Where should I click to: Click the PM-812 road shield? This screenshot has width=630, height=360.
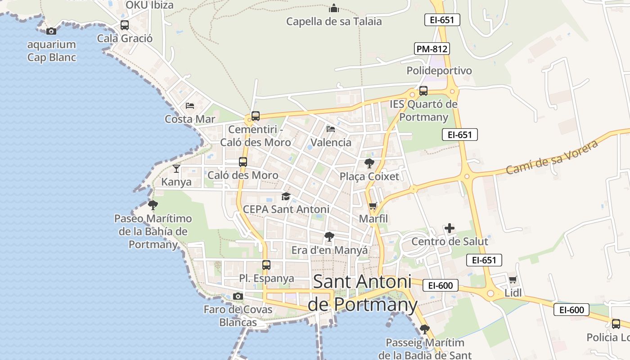(432, 49)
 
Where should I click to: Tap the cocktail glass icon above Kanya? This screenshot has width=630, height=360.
(176, 169)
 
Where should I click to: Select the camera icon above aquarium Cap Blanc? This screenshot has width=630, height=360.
(51, 31)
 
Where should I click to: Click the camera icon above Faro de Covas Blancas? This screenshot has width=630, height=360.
(238, 296)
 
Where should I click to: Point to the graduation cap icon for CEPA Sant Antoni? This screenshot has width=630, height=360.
(286, 196)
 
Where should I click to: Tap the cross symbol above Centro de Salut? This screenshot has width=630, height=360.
(449, 228)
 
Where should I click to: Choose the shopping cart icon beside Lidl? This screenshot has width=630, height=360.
(513, 279)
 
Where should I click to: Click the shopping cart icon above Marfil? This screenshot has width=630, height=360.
(373, 206)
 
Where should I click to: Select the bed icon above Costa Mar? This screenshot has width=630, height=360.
(190, 106)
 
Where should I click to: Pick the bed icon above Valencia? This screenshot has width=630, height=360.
(331, 129)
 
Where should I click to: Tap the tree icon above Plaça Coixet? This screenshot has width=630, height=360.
(369, 163)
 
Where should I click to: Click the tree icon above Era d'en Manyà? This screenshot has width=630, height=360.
(329, 237)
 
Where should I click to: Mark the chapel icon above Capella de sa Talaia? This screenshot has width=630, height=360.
(334, 8)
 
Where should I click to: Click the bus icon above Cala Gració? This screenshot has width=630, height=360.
(125, 25)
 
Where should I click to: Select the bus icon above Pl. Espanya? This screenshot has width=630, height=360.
(266, 265)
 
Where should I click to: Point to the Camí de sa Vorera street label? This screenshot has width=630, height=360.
(552, 157)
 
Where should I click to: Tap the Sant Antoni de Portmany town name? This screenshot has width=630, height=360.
(362, 293)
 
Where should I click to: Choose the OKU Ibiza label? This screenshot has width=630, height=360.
(149, 5)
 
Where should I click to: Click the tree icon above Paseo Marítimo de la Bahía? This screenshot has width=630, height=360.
(153, 206)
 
